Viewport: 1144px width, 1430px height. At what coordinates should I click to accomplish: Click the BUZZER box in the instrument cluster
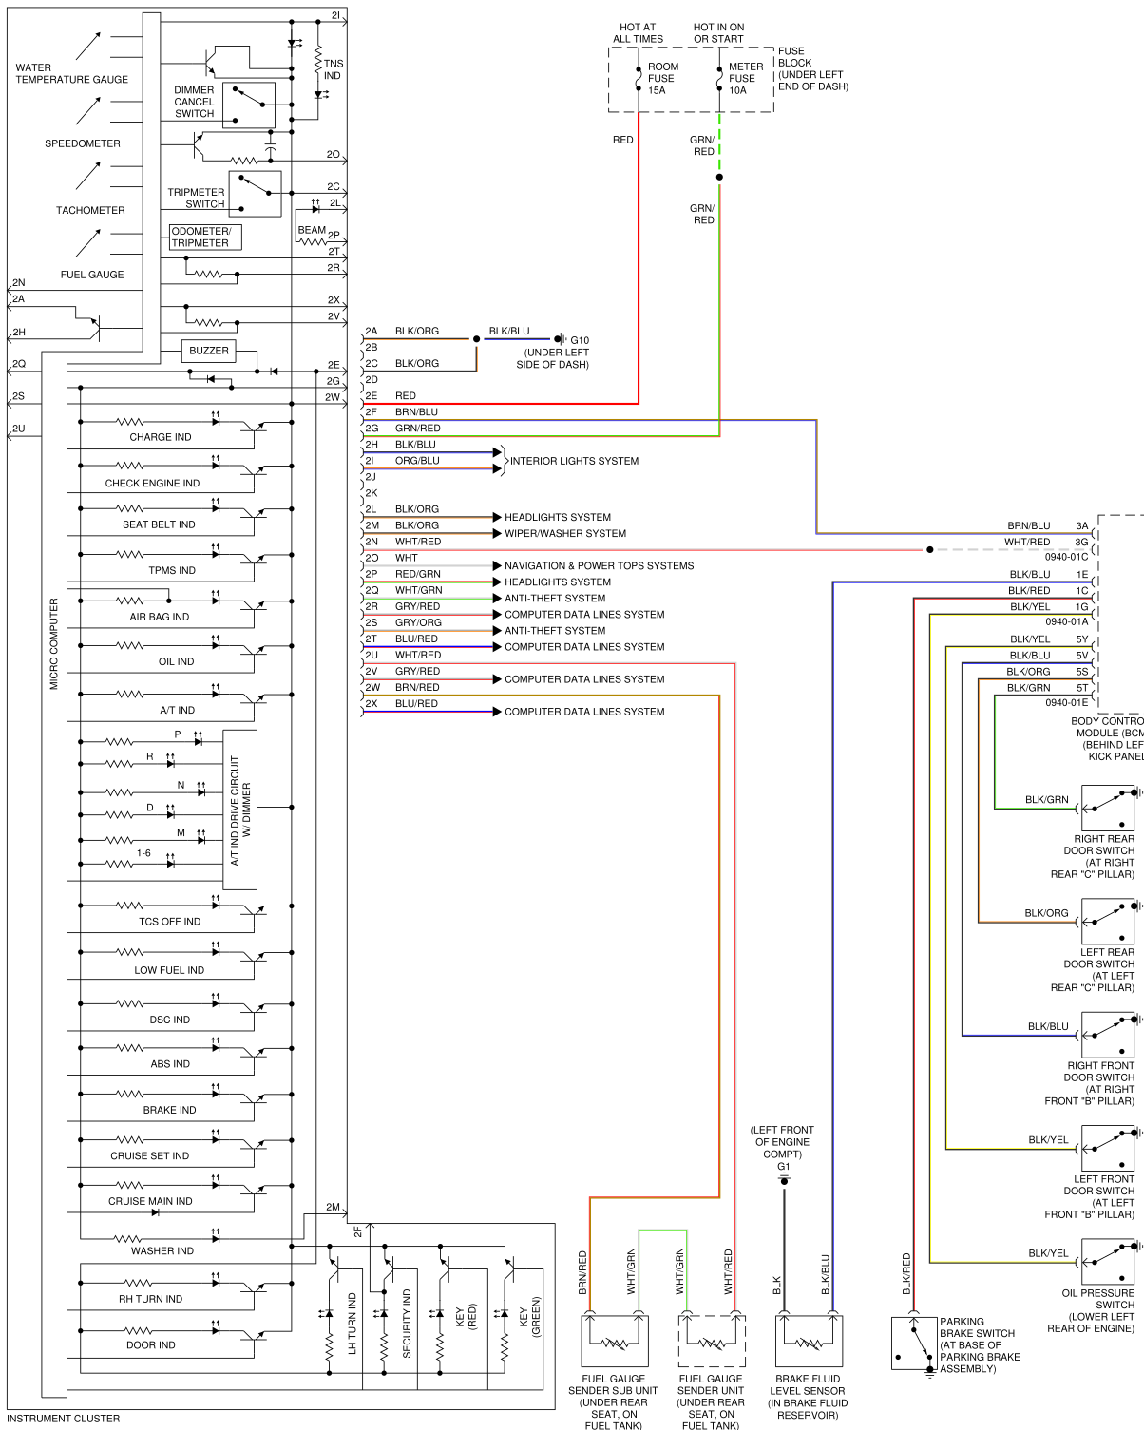(x=208, y=351)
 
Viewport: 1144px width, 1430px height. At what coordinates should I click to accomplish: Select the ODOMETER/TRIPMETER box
(x=205, y=237)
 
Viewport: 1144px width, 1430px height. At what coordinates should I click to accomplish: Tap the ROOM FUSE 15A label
(x=662, y=79)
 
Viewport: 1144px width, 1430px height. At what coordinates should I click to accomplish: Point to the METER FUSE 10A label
(x=745, y=79)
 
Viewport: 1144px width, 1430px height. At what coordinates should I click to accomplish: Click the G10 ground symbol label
(x=579, y=340)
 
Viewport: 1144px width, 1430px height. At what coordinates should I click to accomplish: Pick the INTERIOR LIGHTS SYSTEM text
(x=574, y=461)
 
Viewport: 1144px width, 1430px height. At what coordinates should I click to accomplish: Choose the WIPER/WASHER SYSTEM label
(x=564, y=534)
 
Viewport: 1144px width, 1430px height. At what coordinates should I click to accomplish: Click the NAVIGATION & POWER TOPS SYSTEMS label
(x=599, y=566)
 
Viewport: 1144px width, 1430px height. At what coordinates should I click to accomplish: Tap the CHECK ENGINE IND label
(x=152, y=484)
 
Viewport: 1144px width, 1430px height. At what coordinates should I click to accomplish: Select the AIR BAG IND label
(x=160, y=617)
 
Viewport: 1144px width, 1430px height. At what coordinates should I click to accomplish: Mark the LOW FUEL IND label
(x=169, y=970)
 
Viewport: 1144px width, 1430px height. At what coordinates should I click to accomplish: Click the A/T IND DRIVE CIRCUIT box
(x=239, y=810)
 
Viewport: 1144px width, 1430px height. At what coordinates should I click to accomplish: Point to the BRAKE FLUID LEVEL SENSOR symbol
(x=808, y=1341)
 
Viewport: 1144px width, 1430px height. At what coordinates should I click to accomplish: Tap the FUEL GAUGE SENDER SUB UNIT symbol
(x=614, y=1341)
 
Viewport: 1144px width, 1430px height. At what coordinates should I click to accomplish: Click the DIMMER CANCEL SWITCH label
(x=194, y=102)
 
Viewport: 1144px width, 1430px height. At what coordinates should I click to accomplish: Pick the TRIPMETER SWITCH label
(x=196, y=198)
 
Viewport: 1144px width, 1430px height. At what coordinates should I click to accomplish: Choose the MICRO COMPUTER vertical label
(x=54, y=643)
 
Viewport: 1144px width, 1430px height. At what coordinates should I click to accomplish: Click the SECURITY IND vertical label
(x=407, y=1323)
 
